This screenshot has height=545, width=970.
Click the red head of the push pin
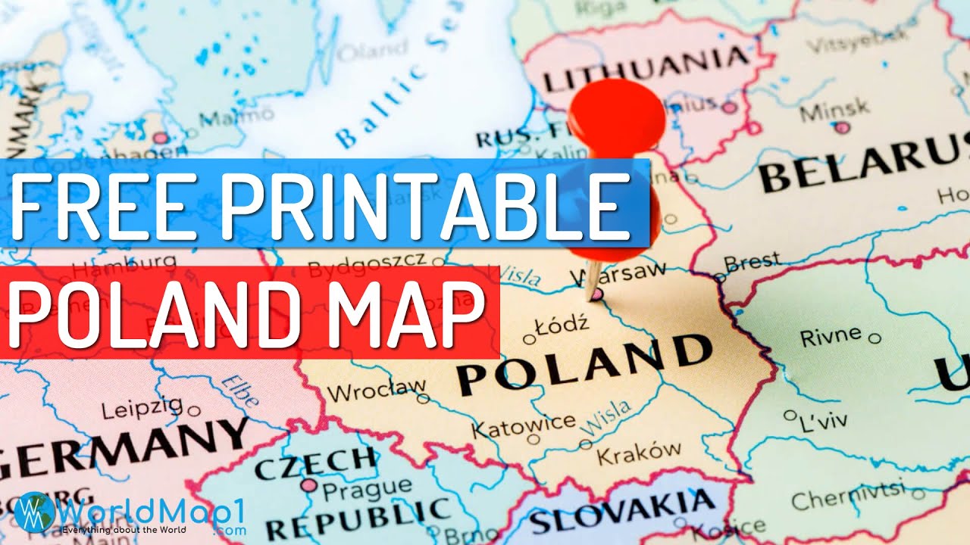615,114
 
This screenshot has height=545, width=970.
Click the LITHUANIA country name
643,68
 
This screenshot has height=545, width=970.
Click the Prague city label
357,490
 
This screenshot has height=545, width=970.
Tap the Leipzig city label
143,410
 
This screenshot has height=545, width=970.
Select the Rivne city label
831,335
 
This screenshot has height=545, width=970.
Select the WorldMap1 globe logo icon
30,510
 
